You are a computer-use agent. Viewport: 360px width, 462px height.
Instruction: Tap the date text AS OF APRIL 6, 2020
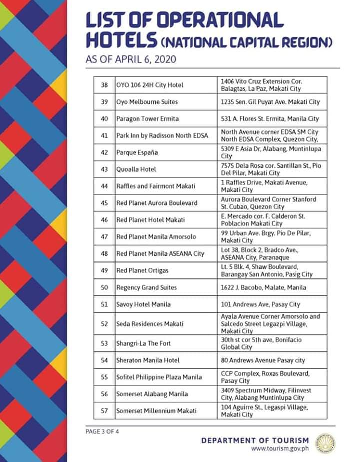(x=132, y=60)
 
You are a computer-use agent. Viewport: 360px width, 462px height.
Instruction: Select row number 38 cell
(x=104, y=85)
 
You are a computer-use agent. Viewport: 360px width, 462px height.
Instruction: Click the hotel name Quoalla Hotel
(x=136, y=169)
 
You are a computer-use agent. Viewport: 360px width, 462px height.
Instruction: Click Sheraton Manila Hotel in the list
(x=148, y=360)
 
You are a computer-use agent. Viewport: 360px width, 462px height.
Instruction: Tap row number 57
(x=104, y=411)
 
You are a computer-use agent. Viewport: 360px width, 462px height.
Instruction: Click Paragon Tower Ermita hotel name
(x=147, y=119)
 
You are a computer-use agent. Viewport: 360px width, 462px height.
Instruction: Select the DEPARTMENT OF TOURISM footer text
(x=255, y=440)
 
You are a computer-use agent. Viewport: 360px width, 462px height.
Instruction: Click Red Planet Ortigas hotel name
(x=142, y=270)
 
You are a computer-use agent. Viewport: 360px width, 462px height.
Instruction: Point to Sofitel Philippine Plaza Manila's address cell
(x=272, y=377)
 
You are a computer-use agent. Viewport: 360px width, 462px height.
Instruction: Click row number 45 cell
(x=104, y=203)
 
